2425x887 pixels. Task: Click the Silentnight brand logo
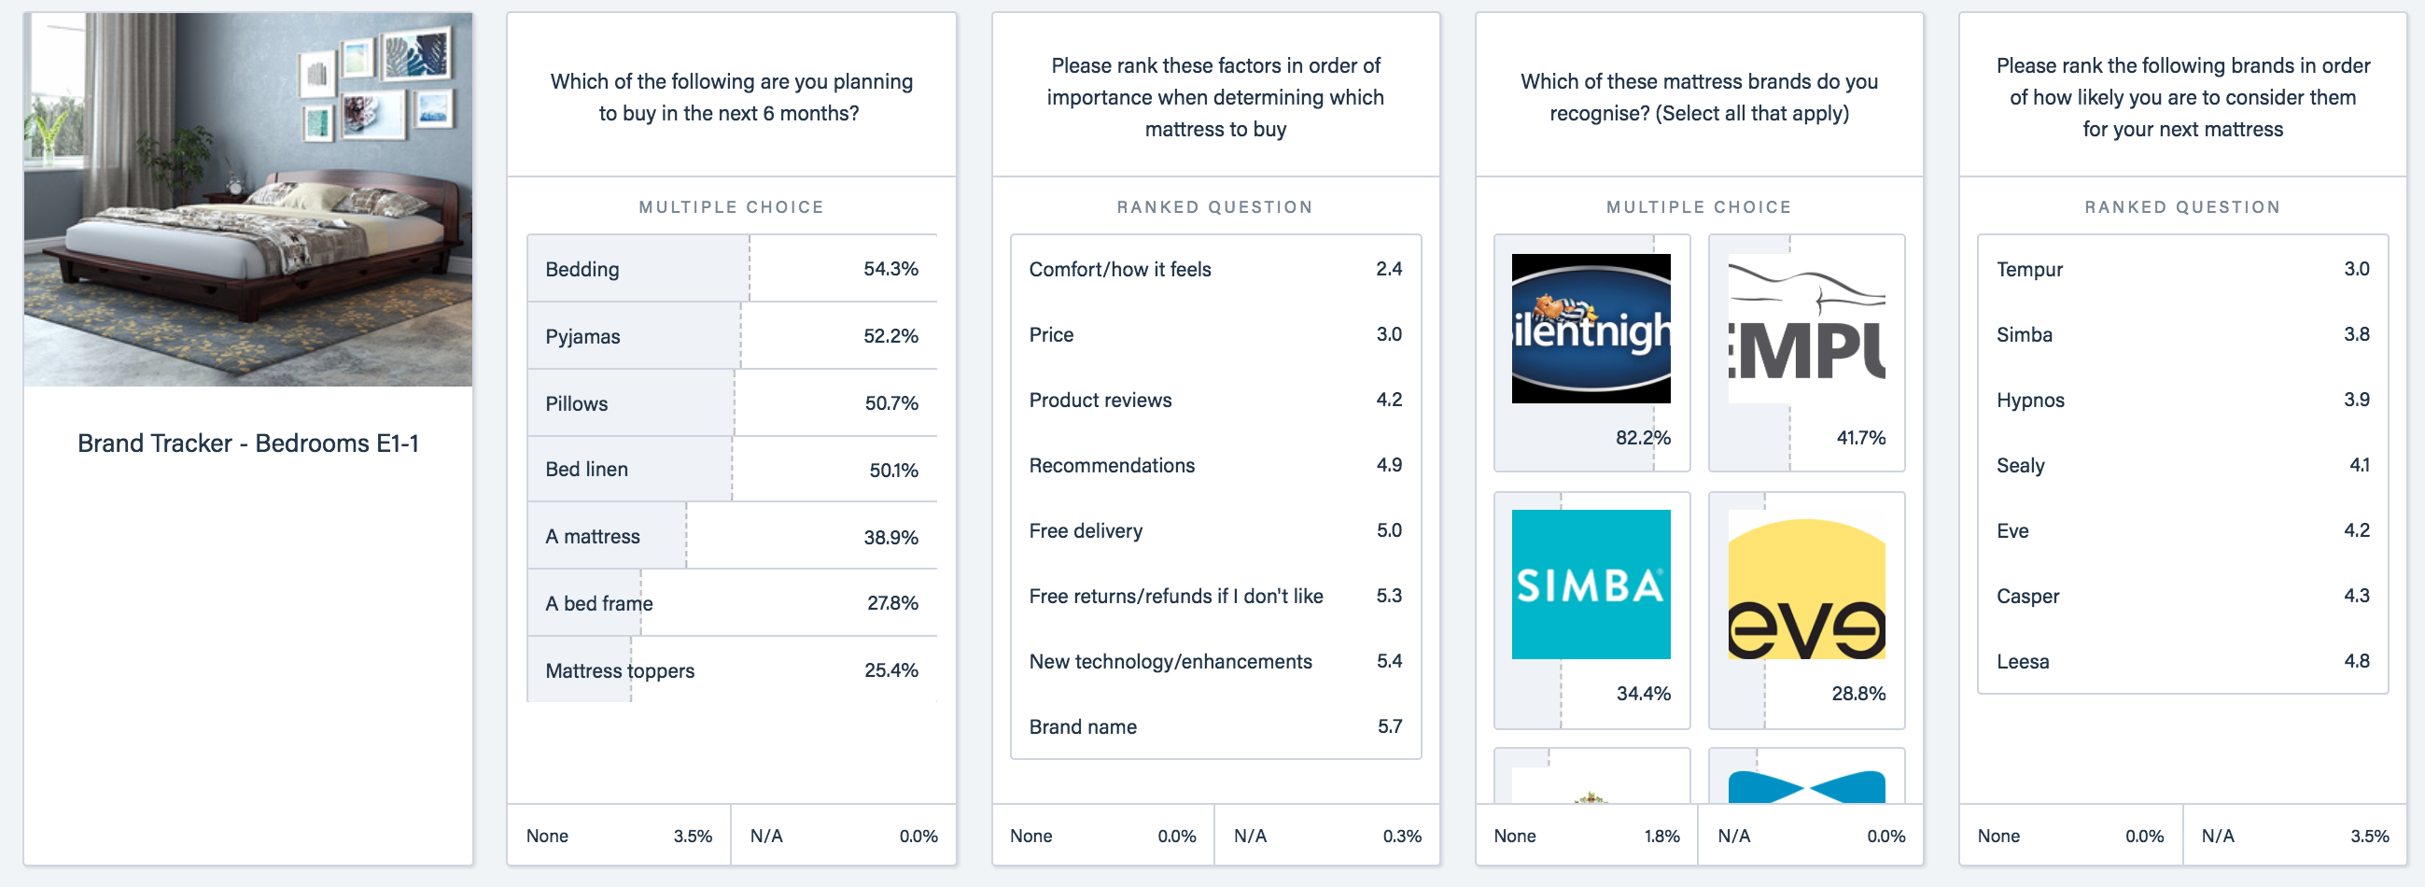[x=1590, y=328]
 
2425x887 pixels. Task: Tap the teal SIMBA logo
[x=1590, y=584]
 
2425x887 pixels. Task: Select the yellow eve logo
[x=1805, y=587]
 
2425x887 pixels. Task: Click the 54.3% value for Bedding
[x=890, y=269]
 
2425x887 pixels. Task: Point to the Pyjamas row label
[x=582, y=337]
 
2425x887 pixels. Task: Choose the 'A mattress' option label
[x=592, y=537]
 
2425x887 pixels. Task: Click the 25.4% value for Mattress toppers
[x=890, y=670]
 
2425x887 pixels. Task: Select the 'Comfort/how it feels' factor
[x=1119, y=269]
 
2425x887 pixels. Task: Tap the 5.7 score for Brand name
[x=1389, y=727]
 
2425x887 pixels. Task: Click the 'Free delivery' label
[x=1086, y=531]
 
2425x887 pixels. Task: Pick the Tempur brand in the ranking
[x=2028, y=269]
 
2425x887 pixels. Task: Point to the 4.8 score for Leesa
[x=2355, y=661]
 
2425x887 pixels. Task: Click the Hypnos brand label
[x=2029, y=401]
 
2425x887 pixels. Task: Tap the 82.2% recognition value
[x=1642, y=438]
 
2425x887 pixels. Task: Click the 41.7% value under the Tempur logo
[x=1860, y=438]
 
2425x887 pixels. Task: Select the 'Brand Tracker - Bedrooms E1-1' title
[x=247, y=443]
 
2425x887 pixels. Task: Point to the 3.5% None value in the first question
[x=692, y=837]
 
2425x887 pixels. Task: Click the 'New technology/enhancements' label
[x=1170, y=662]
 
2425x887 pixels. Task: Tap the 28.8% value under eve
[x=1857, y=694]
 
